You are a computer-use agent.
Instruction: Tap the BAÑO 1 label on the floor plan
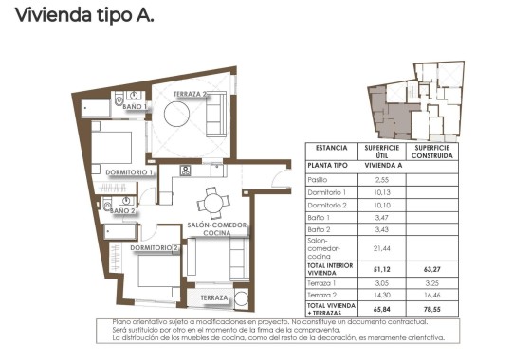pos(134,108)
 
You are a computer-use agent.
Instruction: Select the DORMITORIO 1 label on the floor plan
pos(130,172)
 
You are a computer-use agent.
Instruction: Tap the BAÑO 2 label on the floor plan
pos(122,210)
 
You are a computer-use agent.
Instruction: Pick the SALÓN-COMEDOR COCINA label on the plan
pos(217,228)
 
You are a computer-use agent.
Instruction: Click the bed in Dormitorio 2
pos(155,271)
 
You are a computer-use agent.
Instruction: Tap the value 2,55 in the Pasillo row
pos(383,179)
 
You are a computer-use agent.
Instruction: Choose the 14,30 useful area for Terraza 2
pos(383,296)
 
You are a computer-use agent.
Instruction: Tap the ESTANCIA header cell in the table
pos(331,149)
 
